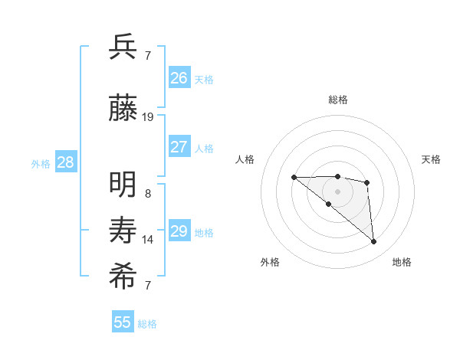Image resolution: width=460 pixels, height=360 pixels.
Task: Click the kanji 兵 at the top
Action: [x=123, y=47]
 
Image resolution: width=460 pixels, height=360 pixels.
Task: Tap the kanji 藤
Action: [x=123, y=110]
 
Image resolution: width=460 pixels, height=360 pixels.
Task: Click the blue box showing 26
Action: [x=179, y=77]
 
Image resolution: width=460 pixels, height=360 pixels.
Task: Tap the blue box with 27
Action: [x=179, y=147]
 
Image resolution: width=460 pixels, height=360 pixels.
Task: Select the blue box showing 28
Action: [x=65, y=162]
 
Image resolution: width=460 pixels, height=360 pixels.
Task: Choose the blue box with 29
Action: [x=179, y=231]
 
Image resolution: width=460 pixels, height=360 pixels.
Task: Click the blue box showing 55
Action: [x=123, y=322]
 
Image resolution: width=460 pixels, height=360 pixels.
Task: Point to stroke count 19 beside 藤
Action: [x=148, y=117]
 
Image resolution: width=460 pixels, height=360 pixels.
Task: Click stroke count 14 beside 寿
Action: [x=148, y=240]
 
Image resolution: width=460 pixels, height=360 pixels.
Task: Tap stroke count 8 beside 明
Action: [x=148, y=194]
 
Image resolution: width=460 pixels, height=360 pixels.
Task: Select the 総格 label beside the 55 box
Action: [x=147, y=324]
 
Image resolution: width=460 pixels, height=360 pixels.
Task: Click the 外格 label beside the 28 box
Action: [x=41, y=163]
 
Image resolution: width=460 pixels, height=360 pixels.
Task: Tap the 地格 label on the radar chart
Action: [x=402, y=262]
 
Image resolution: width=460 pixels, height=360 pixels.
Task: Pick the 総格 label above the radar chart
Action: [x=338, y=100]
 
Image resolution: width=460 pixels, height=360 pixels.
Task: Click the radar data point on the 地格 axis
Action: [x=374, y=242]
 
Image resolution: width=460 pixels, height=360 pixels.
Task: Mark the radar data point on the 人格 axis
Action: [x=294, y=178]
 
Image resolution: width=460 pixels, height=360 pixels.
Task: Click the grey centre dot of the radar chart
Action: [x=338, y=191]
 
